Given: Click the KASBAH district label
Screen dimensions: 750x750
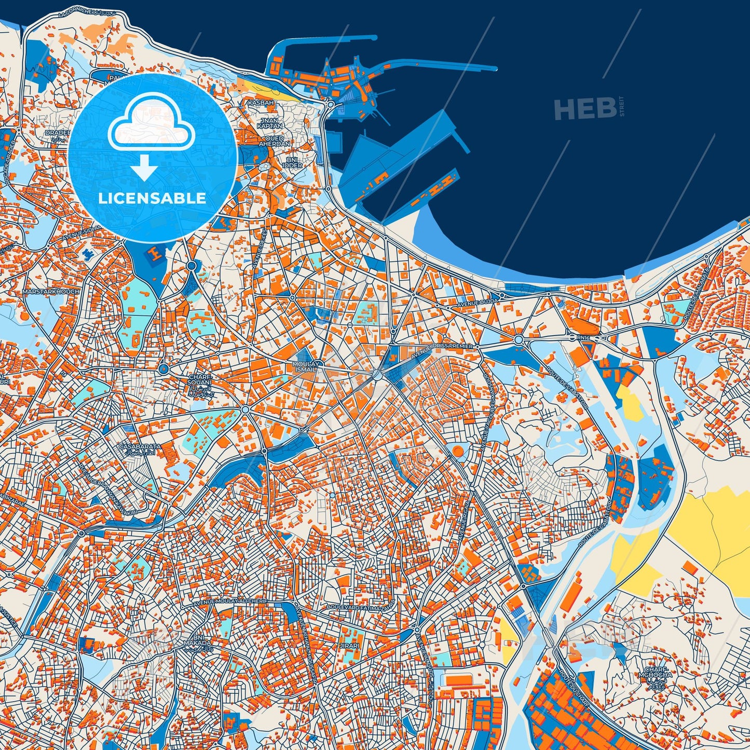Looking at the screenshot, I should (x=261, y=103).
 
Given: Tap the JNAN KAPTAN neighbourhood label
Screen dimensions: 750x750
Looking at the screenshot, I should (x=270, y=124).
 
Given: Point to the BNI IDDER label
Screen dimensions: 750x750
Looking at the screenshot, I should (x=293, y=162).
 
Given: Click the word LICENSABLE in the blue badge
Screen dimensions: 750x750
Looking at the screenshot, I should (x=152, y=198).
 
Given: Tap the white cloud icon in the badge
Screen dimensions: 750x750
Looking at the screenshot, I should (x=151, y=122).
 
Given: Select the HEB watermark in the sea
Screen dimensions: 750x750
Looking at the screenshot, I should (x=585, y=109).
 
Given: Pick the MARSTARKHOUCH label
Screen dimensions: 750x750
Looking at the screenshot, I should (x=51, y=292).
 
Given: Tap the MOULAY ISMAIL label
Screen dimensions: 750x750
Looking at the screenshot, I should (x=305, y=367).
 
